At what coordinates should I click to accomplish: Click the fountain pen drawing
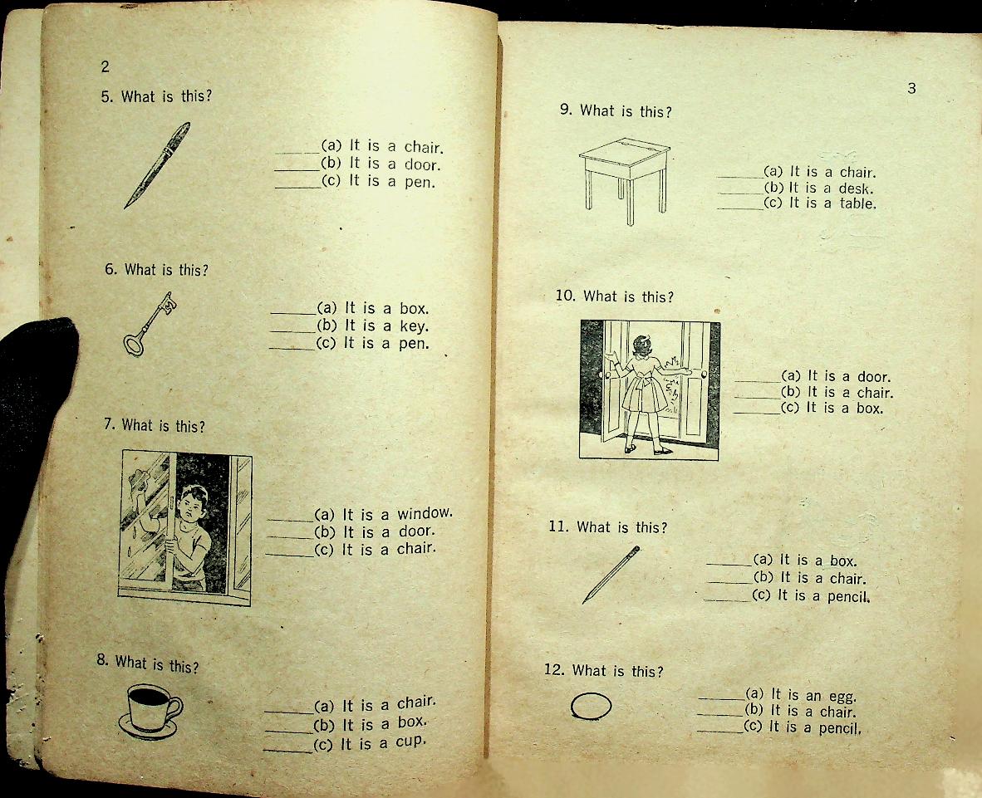click(157, 165)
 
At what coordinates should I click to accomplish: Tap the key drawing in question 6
click(150, 324)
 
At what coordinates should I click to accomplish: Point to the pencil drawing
click(611, 575)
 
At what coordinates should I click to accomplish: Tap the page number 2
click(105, 66)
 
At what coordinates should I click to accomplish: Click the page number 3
click(912, 88)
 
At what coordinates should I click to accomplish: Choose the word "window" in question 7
click(424, 514)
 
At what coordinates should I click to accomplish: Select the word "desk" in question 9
click(856, 188)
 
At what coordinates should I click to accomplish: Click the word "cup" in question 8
click(410, 742)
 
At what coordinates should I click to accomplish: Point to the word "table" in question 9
click(857, 203)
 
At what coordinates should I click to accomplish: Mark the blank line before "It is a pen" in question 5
click(297, 187)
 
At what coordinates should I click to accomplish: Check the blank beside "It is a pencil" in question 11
click(727, 600)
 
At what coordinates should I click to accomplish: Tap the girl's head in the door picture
click(642, 345)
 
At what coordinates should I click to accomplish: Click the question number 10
click(565, 296)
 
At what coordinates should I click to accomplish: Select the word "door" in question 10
click(874, 377)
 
